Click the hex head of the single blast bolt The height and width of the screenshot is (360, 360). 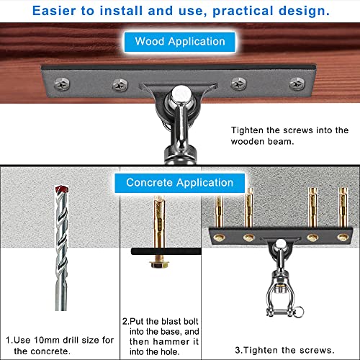pyautogui.click(x=156, y=264)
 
